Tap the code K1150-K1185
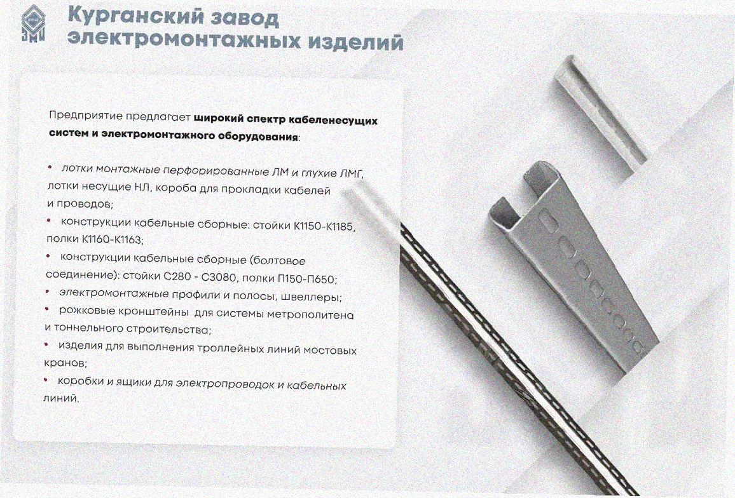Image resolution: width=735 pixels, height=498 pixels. [324, 226]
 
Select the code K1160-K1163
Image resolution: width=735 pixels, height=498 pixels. [111, 239]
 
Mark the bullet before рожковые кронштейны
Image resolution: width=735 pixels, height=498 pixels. [47, 309]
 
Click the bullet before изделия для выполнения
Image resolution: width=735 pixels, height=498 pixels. [46, 344]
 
